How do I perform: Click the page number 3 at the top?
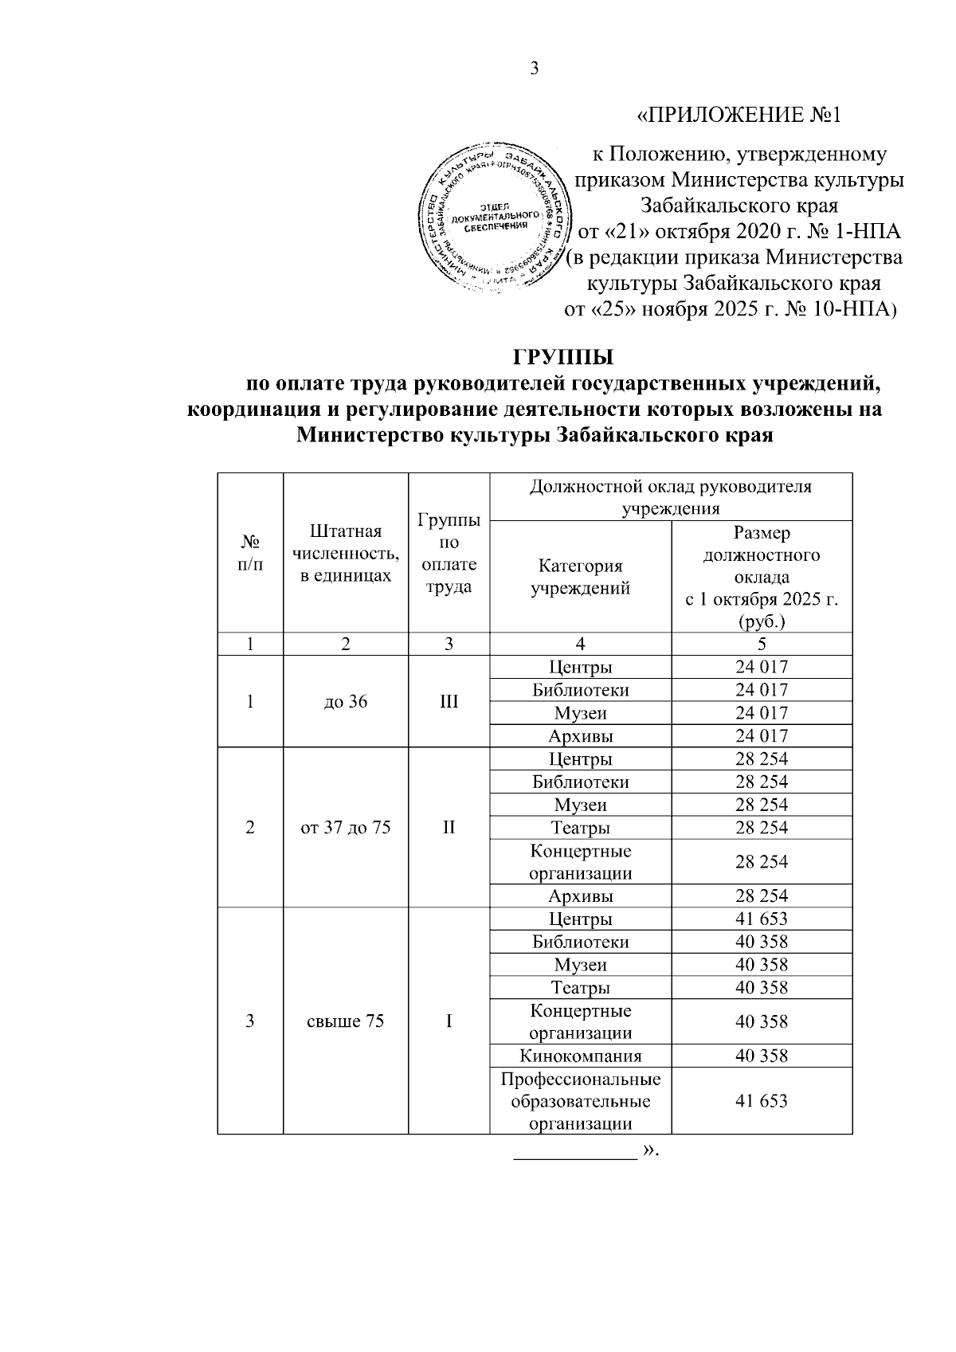(x=535, y=69)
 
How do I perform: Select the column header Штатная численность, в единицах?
(x=346, y=553)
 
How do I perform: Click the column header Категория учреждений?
(x=580, y=577)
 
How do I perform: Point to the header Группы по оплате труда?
(x=449, y=553)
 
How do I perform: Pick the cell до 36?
(x=346, y=702)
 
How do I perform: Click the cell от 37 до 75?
(x=346, y=827)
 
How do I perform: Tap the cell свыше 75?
(x=346, y=1021)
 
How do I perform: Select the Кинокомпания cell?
(x=580, y=1056)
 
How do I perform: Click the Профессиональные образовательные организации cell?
(x=580, y=1102)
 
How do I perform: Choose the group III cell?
(x=449, y=702)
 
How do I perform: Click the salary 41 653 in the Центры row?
(x=762, y=919)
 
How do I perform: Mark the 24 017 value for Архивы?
(x=762, y=735)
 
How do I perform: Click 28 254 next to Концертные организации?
(x=762, y=862)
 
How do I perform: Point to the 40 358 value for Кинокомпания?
(x=762, y=1056)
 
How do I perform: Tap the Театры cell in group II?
(x=580, y=828)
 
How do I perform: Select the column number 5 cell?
(x=762, y=645)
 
